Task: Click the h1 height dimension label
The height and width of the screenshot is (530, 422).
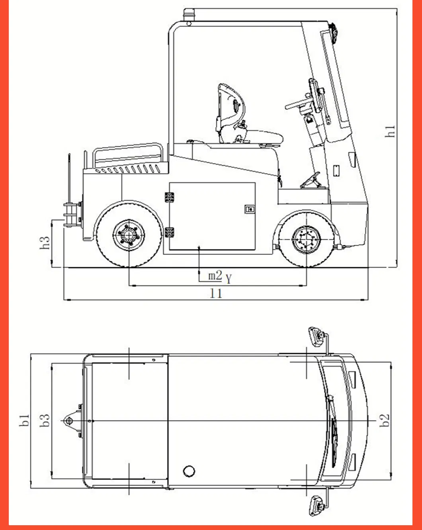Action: (x=391, y=131)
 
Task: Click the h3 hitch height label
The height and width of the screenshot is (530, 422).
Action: (x=45, y=243)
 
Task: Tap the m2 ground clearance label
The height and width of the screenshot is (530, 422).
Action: (x=215, y=275)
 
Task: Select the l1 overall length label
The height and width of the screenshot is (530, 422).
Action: (x=216, y=293)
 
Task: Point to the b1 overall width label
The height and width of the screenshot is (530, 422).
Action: (x=25, y=420)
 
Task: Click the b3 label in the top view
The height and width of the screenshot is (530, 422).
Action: (x=45, y=420)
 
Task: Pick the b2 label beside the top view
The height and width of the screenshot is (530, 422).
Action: (x=385, y=420)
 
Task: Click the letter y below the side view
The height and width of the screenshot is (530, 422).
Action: (x=229, y=278)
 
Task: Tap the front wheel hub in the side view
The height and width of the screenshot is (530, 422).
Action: (x=306, y=239)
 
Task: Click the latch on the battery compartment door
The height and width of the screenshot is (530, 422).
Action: (x=250, y=209)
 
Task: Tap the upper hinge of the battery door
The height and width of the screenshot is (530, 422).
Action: (x=170, y=198)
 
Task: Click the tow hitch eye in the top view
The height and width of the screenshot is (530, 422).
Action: (x=67, y=420)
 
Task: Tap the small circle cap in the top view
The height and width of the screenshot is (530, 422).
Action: (x=189, y=471)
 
